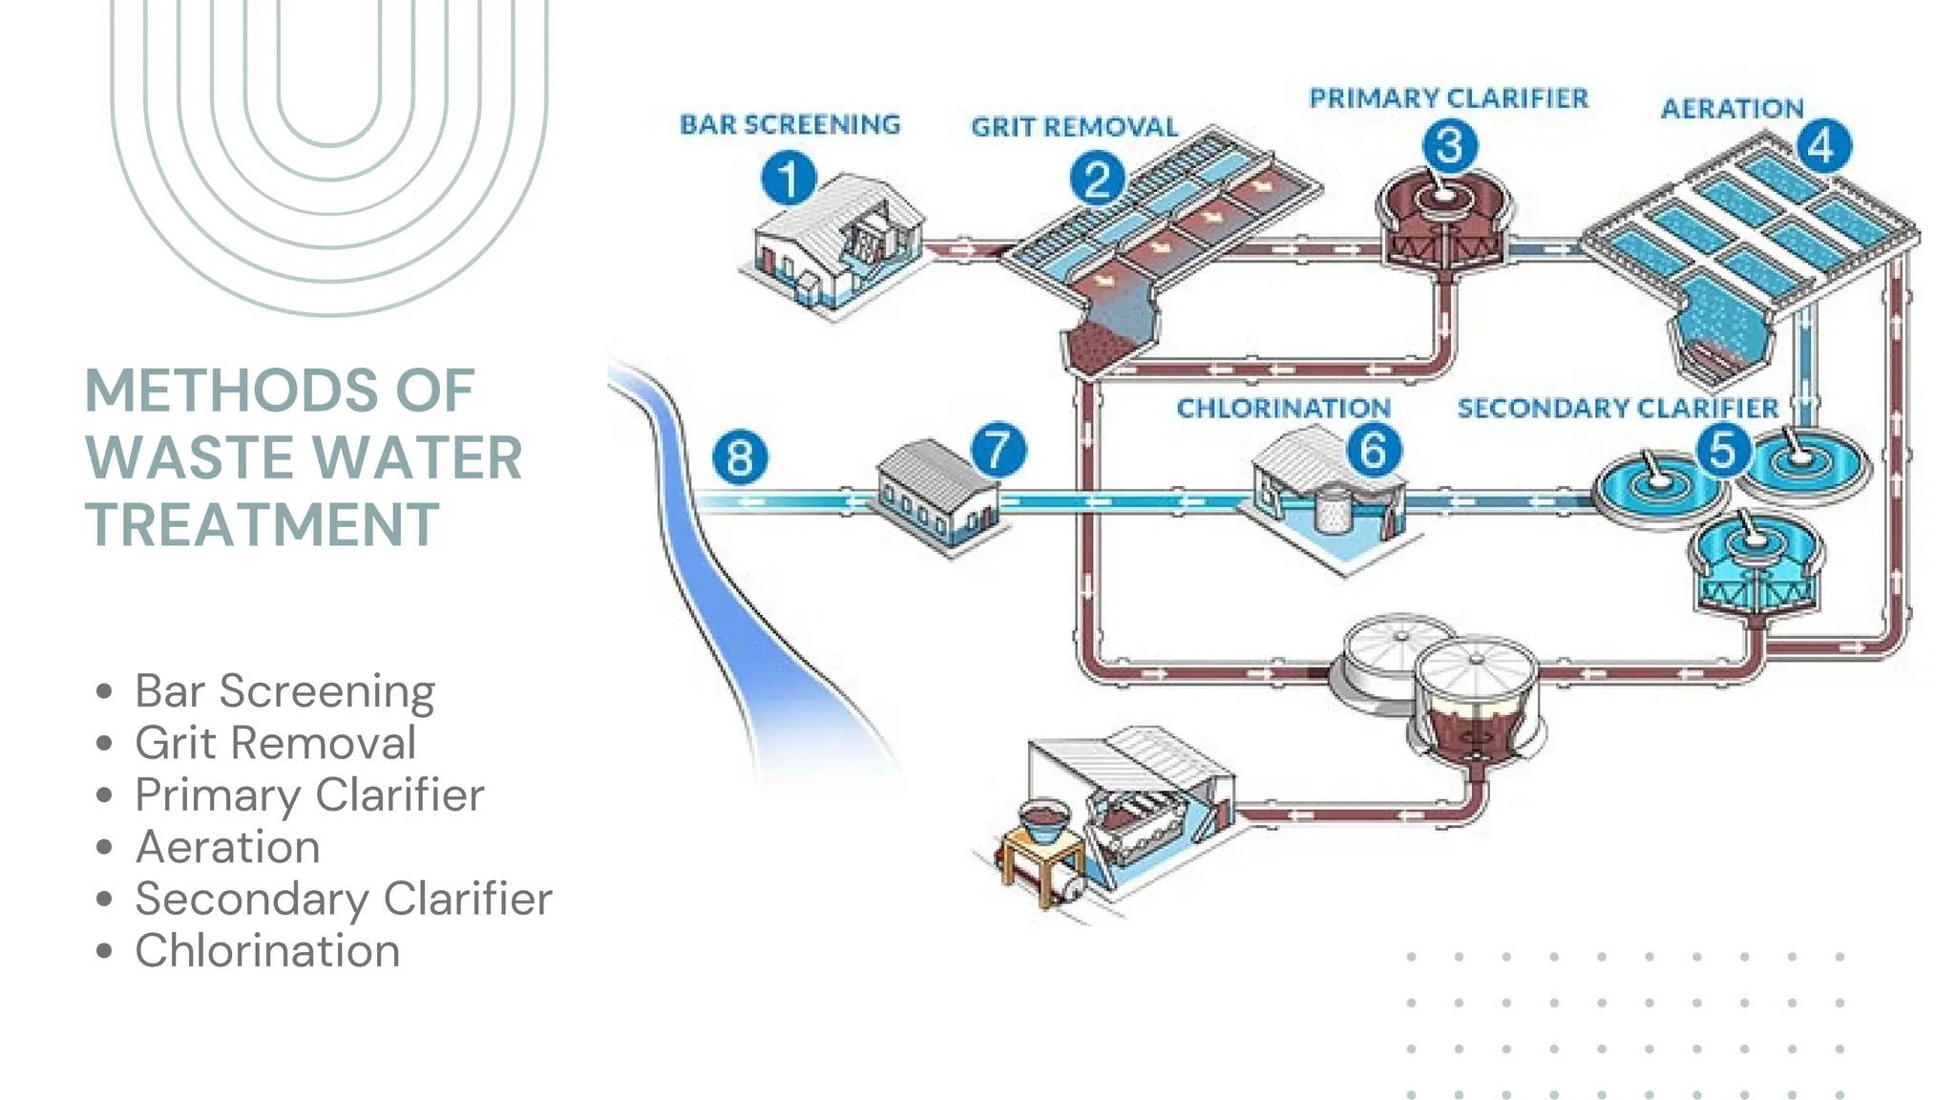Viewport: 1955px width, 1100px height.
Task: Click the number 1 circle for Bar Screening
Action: pos(788,180)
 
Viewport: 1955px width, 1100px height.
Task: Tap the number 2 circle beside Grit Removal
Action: pos(1097,180)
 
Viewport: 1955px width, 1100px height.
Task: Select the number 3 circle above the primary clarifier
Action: pos(1449,146)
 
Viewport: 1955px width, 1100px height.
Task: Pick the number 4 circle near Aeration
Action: pos(1823,146)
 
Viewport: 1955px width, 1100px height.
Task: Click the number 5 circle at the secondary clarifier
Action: pos(1723,449)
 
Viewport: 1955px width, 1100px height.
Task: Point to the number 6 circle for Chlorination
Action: pos(1374,450)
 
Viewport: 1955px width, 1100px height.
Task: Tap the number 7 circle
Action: pos(998,450)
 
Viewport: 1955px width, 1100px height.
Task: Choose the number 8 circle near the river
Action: pos(740,457)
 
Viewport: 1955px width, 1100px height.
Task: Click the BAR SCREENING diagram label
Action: pos(789,124)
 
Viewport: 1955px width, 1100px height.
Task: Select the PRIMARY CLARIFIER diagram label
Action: pos(1448,98)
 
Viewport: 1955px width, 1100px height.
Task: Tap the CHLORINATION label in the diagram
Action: pos(1283,409)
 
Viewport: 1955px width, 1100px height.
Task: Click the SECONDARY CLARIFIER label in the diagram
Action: pos(1617,409)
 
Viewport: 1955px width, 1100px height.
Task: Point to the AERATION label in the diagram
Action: pos(1732,109)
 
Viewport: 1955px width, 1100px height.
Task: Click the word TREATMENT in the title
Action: pos(263,524)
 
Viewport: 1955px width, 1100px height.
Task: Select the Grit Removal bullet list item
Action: pos(275,743)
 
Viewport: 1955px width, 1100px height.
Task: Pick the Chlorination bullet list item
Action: pos(267,951)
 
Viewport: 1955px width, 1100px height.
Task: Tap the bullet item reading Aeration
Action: pos(227,847)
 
